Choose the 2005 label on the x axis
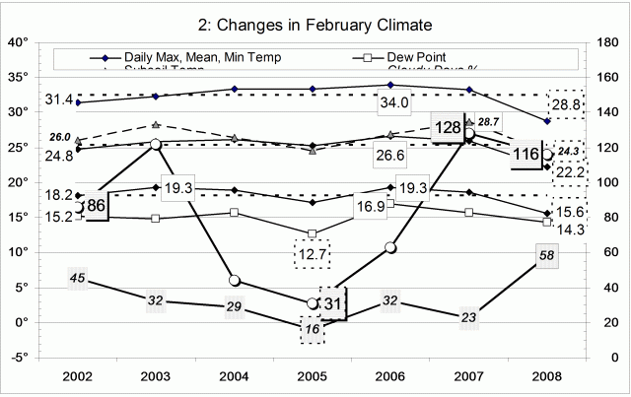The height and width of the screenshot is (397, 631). point(313,376)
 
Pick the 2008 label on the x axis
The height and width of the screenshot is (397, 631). point(547,376)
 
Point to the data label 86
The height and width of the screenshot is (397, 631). point(96,207)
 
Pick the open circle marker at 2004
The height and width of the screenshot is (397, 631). point(235,281)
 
